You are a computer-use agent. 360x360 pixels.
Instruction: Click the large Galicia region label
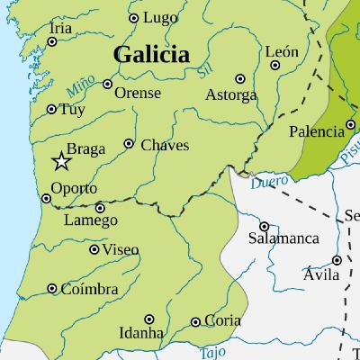pos(151,55)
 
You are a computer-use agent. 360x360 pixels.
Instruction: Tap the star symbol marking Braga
pos(61,162)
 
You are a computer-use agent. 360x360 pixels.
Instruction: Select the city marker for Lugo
pos(134,18)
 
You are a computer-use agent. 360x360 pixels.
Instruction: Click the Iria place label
pos(61,29)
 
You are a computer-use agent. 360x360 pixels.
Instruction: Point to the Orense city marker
pos(108,85)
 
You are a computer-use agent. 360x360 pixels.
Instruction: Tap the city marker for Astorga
pos(239,78)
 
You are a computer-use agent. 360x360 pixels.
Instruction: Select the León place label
pos(282,52)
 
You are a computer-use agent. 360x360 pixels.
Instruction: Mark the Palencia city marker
pos(350,126)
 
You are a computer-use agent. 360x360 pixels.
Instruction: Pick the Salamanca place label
pos(283,239)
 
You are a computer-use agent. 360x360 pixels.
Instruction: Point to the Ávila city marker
pos(337,261)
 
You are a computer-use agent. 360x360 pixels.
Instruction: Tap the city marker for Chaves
pos(129,144)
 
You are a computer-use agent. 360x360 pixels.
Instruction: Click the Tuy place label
pos(71,111)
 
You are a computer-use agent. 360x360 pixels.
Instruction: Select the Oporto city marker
pos(47,199)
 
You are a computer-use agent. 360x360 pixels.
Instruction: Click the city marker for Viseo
pos(94,249)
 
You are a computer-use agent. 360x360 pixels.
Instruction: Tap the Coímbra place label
pos(89,289)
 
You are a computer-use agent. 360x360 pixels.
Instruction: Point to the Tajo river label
pos(213,351)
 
